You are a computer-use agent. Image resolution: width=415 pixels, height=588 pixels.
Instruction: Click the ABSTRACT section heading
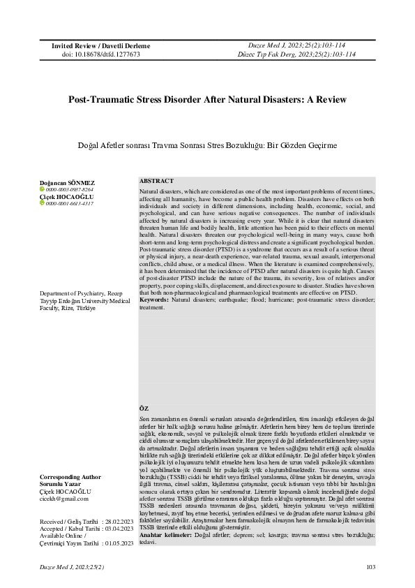point(156,181)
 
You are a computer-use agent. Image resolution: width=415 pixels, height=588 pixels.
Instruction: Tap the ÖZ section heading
point(144,407)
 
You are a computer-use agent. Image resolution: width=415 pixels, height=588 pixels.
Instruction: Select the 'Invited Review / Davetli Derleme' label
point(100,45)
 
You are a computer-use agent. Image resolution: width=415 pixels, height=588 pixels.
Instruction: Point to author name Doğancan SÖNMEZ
point(67,183)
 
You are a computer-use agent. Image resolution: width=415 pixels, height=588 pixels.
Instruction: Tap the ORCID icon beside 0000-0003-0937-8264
point(42,190)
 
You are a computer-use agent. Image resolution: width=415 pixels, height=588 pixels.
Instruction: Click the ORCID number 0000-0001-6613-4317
point(70,204)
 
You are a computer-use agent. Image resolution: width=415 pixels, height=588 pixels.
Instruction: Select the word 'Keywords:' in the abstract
point(154,299)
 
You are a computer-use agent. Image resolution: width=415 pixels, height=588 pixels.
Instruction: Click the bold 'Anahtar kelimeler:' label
point(162,534)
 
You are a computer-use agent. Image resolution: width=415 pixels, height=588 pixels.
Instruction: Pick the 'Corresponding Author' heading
point(70,477)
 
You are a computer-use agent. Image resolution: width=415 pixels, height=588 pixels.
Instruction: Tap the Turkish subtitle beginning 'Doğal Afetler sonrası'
point(207,145)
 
